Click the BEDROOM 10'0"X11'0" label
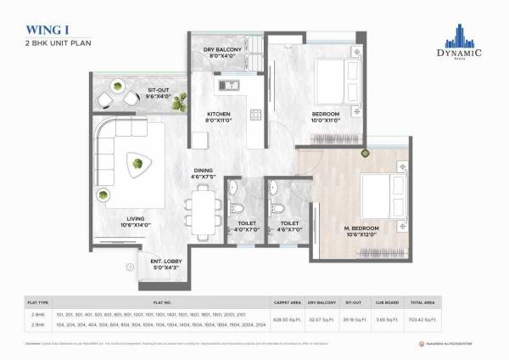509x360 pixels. pyautogui.click(x=325, y=117)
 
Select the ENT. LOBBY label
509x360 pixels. pyautogui.click(x=164, y=265)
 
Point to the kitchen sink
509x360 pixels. pyautogui.click(x=228, y=85)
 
